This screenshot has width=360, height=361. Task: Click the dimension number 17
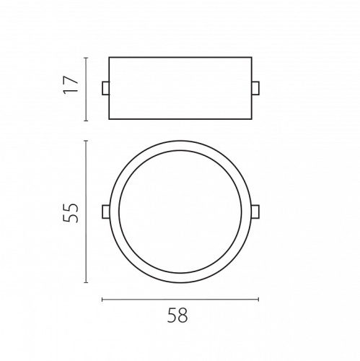(71, 84)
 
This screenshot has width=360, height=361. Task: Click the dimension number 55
(71, 213)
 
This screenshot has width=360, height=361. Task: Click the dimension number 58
(177, 315)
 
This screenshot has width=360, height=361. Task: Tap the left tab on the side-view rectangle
(105, 88)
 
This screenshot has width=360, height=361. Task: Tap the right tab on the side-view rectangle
(255, 88)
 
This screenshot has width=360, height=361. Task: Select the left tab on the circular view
(106, 212)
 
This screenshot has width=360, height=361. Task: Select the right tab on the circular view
(255, 212)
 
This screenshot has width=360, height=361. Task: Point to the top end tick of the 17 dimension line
(86, 58)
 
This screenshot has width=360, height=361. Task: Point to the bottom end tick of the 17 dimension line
(86, 121)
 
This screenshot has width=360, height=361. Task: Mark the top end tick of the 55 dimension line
(86, 141)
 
